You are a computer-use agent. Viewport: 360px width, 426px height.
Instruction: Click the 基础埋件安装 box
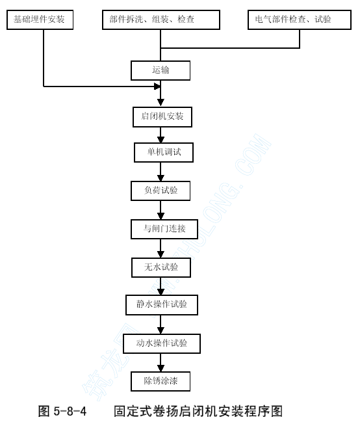(40, 20)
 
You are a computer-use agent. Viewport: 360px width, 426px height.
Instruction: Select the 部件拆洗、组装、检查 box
(161, 20)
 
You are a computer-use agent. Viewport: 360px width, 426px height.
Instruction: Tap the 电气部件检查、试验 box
(300, 20)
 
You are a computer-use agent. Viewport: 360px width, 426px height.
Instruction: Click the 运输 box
(161, 70)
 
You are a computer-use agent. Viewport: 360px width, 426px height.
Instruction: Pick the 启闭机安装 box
(162, 117)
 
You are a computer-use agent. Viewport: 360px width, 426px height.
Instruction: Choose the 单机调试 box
(164, 152)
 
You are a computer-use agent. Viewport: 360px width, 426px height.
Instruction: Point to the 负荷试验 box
(161, 191)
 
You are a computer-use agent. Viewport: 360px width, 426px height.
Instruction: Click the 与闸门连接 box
(164, 229)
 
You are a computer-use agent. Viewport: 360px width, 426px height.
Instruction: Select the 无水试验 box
(161, 267)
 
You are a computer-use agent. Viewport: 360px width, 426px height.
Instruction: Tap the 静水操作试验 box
(162, 305)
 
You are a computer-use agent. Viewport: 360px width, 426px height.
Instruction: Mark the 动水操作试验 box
(162, 343)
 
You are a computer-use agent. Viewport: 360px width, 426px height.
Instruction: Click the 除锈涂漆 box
(161, 381)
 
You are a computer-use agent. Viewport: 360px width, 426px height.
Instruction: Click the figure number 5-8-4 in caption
(70, 411)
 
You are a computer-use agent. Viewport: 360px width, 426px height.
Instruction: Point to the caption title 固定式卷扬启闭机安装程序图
(198, 411)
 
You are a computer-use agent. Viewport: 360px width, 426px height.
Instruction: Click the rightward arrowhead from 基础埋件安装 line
(157, 87)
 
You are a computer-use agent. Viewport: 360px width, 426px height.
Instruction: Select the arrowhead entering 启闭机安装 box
(161, 102)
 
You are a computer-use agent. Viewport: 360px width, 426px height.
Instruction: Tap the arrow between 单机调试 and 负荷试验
(161, 172)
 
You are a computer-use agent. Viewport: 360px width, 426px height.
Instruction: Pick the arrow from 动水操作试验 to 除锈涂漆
(161, 362)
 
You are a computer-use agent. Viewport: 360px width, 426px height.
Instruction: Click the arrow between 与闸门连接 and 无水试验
(161, 248)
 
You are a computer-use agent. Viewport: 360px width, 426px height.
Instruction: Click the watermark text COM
(253, 154)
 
